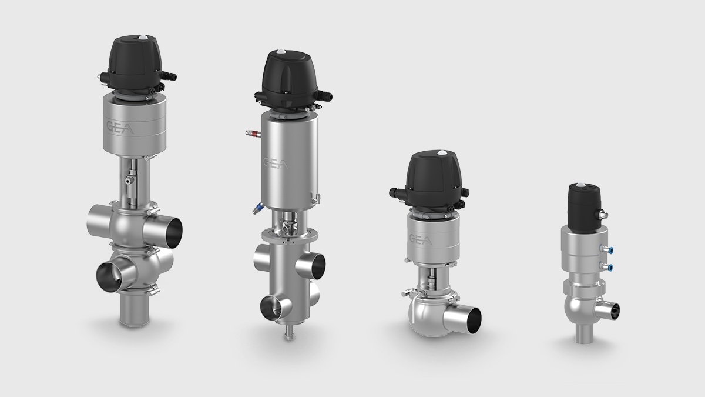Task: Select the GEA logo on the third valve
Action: [x=420, y=240]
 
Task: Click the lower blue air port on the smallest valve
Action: [x=609, y=268]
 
